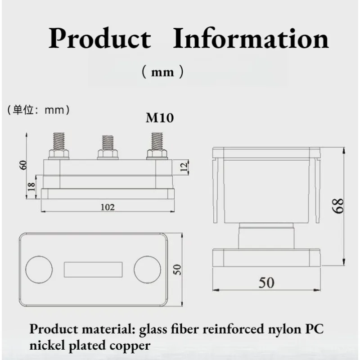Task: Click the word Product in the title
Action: [x=100, y=38]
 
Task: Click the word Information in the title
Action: [x=251, y=38]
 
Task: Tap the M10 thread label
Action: [x=160, y=118]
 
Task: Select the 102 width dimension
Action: [x=108, y=207]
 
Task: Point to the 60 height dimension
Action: [x=24, y=165]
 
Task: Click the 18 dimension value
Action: [x=31, y=186]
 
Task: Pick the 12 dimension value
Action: [x=184, y=167]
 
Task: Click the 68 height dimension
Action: [x=338, y=206]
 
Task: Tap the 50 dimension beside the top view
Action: [x=177, y=270]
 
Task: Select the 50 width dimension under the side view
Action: [x=266, y=283]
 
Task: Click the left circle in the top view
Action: [x=39, y=270]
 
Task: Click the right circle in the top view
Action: [x=148, y=270]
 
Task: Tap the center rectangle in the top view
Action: [x=93, y=270]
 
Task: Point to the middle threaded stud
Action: [x=108, y=143]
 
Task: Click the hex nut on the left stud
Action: [x=59, y=154]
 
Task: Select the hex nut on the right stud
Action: [x=157, y=154]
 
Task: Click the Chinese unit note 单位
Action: [x=23, y=110]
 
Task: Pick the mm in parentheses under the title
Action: [x=162, y=72]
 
